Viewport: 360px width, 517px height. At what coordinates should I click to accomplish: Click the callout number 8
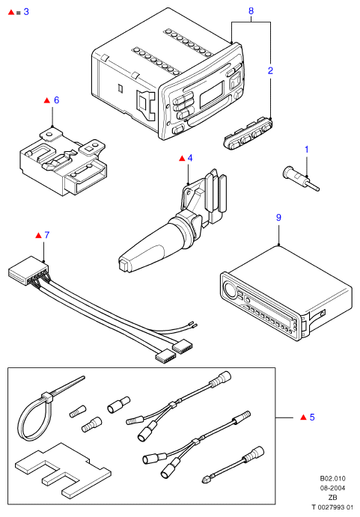point(251,11)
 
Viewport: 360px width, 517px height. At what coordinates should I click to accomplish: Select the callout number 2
point(270,70)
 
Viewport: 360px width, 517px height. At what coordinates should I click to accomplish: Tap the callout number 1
point(307,150)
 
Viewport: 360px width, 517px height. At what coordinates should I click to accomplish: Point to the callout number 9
point(279,218)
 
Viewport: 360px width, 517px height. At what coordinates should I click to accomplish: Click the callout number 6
point(56,100)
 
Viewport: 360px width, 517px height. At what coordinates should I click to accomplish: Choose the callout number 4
point(190,159)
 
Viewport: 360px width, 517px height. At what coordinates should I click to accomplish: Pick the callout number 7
point(47,235)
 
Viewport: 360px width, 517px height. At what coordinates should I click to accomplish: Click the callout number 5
point(312,417)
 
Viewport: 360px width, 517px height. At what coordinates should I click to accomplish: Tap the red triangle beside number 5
point(304,417)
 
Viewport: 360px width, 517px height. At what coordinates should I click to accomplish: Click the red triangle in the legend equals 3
point(11,12)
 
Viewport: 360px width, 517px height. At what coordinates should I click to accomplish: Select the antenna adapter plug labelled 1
point(301,178)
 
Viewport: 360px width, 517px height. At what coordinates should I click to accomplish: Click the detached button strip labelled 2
point(248,133)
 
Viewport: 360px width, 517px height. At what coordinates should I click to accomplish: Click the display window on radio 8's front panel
point(212,94)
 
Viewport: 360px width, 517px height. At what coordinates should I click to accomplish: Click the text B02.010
point(332,479)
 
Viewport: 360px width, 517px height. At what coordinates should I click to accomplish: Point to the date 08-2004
point(332,489)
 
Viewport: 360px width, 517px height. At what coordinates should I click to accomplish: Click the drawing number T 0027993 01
point(332,507)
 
